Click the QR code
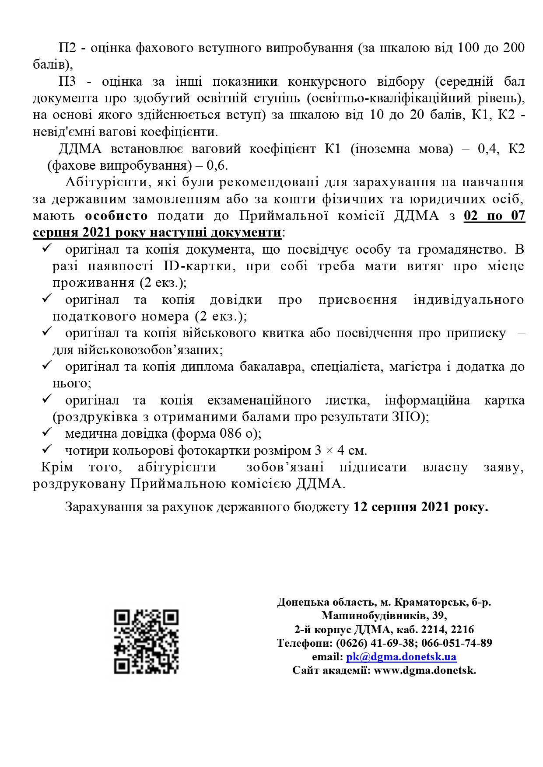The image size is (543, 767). pyautogui.click(x=146, y=641)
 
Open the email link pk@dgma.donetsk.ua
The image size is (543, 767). pyautogui.click(x=401, y=657)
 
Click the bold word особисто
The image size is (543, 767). pyautogui.click(x=116, y=216)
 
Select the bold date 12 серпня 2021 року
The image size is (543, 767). pyautogui.click(x=420, y=507)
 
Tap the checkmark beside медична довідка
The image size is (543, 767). pyautogui.click(x=47, y=432)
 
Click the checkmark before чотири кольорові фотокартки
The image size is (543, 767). pyautogui.click(x=47, y=449)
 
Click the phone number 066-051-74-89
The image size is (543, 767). pyautogui.click(x=456, y=643)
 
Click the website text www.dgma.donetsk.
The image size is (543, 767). pyautogui.click(x=424, y=670)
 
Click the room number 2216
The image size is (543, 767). pyautogui.click(x=462, y=630)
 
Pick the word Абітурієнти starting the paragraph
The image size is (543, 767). pyautogui.click(x=104, y=182)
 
